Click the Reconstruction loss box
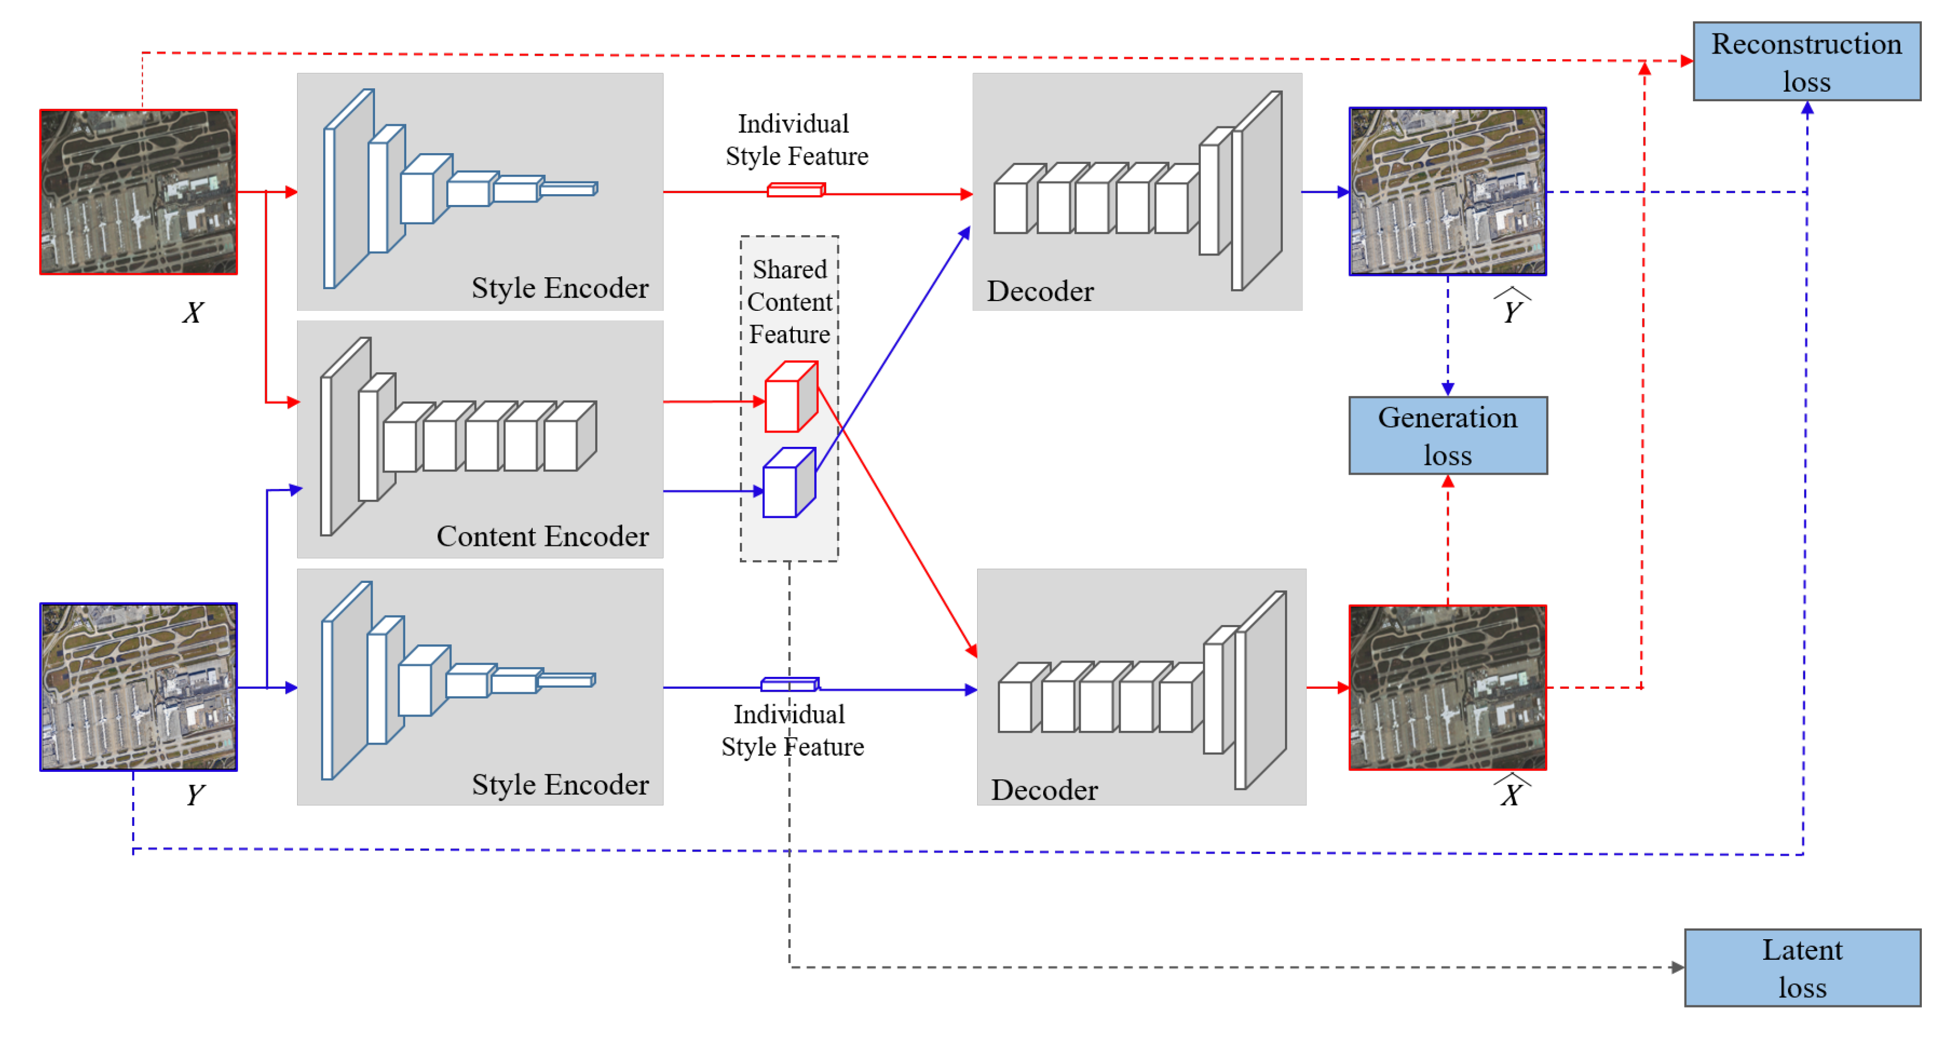(x=1806, y=61)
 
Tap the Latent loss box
(x=1802, y=967)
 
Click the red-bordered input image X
(x=139, y=192)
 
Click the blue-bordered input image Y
(x=139, y=687)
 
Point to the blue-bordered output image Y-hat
(x=1447, y=191)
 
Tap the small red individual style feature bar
(x=795, y=190)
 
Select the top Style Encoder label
(x=559, y=288)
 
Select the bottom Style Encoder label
(x=559, y=784)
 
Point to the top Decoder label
(x=1040, y=291)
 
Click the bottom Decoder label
(x=1044, y=790)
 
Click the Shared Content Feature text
(x=789, y=302)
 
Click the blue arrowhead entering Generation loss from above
(x=1447, y=389)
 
